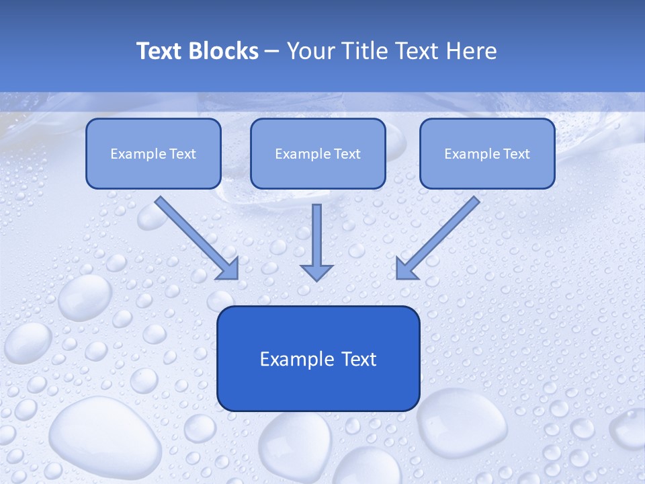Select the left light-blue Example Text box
click(153, 153)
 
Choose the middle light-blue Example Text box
click(318, 153)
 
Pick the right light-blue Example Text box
click(487, 153)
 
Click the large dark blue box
click(318, 358)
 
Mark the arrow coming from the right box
click(439, 237)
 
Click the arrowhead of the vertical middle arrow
click(316, 272)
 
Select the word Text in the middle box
click(347, 154)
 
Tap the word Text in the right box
click(517, 154)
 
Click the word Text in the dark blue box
click(359, 359)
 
